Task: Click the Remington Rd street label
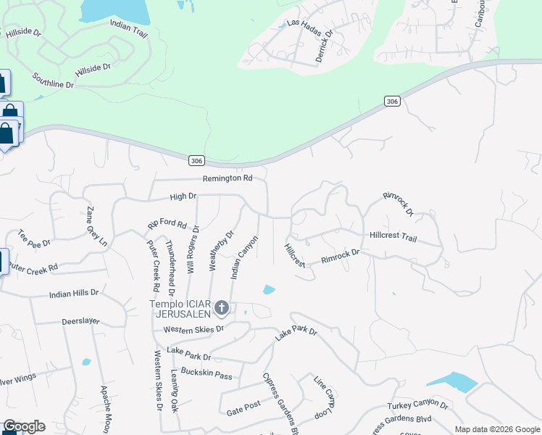(228, 178)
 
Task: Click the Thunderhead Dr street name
(170, 264)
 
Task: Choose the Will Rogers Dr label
(192, 248)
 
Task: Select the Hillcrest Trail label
(393, 237)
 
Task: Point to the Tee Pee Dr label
(34, 239)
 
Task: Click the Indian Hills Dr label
(73, 294)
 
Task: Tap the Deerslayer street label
(80, 320)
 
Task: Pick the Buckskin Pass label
(207, 374)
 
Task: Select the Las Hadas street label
(303, 23)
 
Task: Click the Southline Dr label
(54, 80)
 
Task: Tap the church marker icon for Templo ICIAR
(222, 309)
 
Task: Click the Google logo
(23, 426)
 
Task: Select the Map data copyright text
(496, 429)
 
